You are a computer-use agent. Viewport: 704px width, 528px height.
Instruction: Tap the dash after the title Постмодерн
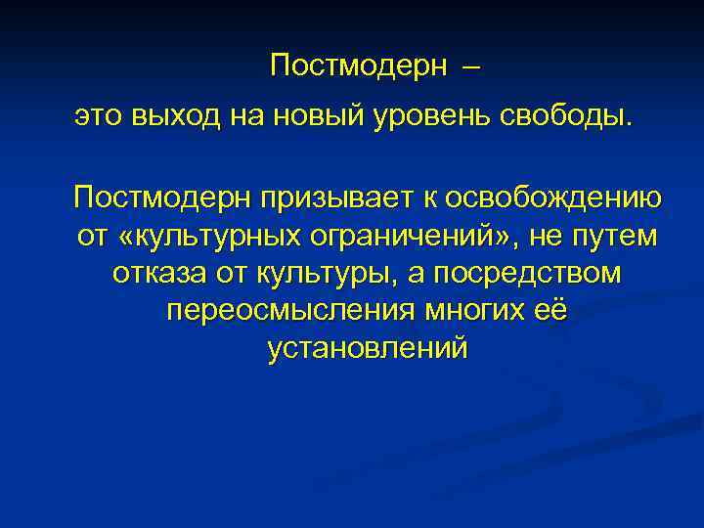(469, 67)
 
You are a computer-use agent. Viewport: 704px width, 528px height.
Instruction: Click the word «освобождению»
(550, 198)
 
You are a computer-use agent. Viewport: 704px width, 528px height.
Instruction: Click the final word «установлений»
(366, 348)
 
